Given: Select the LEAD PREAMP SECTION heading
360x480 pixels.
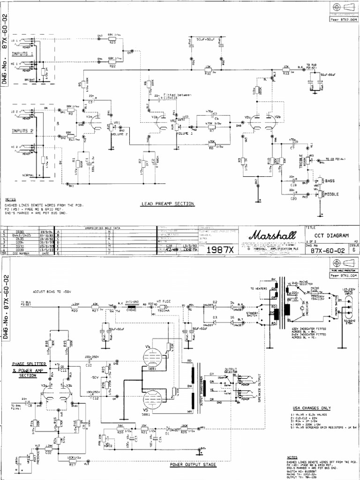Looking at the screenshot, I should [167, 204].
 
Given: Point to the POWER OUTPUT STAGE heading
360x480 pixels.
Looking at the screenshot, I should [193, 465].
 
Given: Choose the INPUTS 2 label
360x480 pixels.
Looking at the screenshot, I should [22, 131].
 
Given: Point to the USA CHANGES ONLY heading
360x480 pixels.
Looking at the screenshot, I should [312, 407].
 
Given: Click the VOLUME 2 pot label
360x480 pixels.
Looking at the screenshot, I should [120, 134].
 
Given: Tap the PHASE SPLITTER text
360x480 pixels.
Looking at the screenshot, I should [27, 364].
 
